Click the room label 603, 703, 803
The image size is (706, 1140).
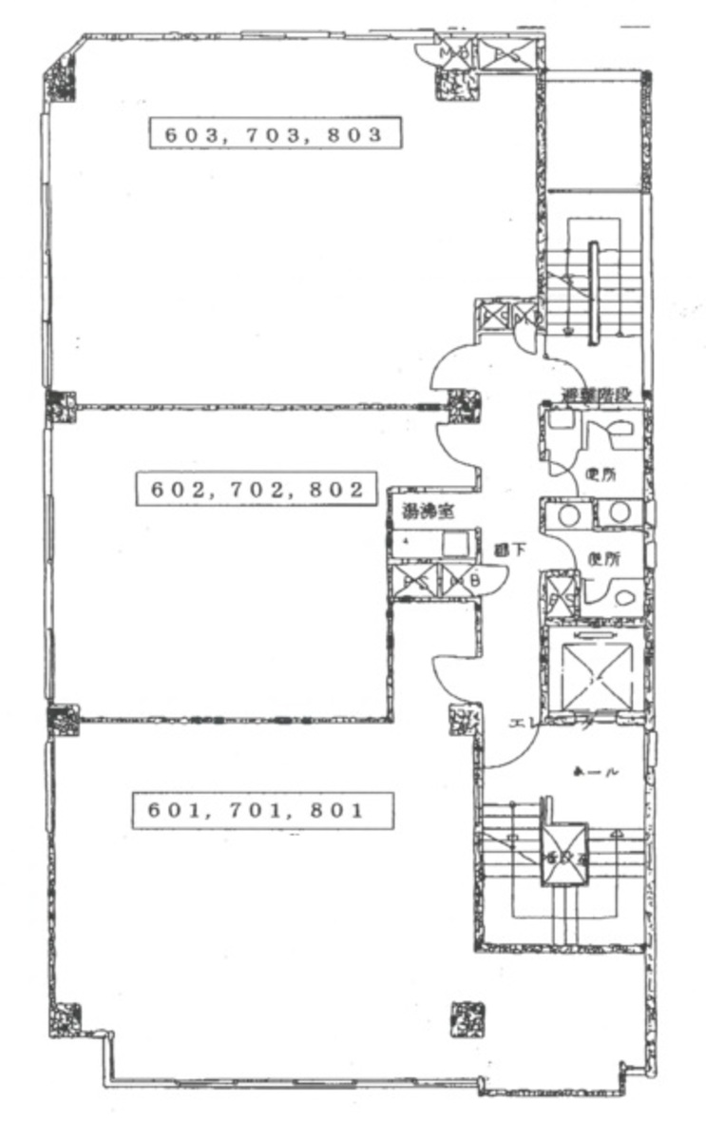click(x=274, y=133)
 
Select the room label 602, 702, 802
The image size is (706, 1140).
click(x=257, y=490)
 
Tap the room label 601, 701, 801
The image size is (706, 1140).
click(x=257, y=810)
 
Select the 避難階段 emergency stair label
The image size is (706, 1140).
click(x=596, y=394)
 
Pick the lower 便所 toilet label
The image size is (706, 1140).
click(x=604, y=560)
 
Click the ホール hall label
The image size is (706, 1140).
click(x=595, y=773)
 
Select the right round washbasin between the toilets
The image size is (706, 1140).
click(x=619, y=512)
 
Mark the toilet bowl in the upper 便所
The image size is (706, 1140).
click(x=622, y=431)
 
